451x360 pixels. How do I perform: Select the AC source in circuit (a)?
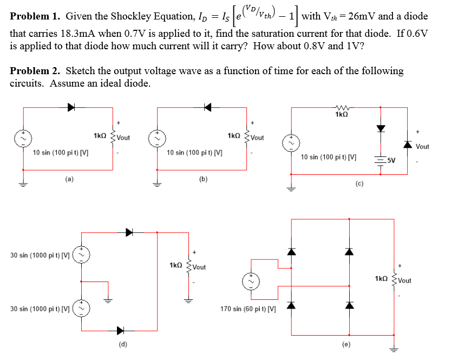[x=23, y=138]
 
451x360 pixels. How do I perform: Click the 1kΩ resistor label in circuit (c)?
[x=342, y=115]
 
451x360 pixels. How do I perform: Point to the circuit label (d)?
[x=123, y=343]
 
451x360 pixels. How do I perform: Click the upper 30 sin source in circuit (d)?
[x=82, y=253]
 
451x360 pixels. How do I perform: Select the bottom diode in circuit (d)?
[x=119, y=330]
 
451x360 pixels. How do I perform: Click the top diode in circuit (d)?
[x=129, y=232]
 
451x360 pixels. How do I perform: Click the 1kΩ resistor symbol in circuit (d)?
[x=189, y=266]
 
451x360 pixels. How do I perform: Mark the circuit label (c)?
[x=359, y=184]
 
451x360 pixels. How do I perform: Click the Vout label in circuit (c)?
[x=422, y=146]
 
